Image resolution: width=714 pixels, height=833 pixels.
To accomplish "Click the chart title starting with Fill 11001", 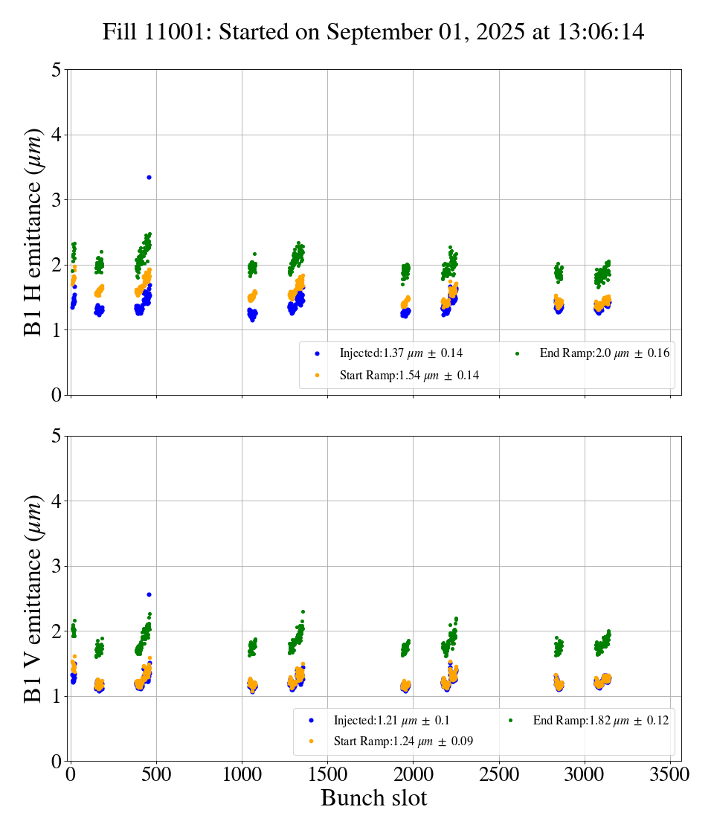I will (x=373, y=32).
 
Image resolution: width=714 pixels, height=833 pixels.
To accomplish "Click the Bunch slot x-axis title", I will (x=373, y=798).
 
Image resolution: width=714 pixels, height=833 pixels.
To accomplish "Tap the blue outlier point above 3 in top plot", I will (x=149, y=177).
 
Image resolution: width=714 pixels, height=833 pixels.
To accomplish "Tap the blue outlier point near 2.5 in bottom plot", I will (x=149, y=594).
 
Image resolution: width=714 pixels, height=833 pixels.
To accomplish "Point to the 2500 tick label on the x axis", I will (x=499, y=774).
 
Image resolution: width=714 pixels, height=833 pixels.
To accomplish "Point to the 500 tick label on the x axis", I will (x=156, y=774).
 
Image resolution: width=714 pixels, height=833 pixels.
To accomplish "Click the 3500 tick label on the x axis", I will (x=670, y=774).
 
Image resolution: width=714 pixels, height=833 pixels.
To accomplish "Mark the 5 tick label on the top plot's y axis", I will (x=57, y=70).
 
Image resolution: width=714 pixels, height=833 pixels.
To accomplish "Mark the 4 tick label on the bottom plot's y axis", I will (x=57, y=501).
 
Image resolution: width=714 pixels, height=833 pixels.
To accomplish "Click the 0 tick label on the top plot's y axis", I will (x=57, y=395).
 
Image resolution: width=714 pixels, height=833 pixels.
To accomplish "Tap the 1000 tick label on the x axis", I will (x=242, y=774).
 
